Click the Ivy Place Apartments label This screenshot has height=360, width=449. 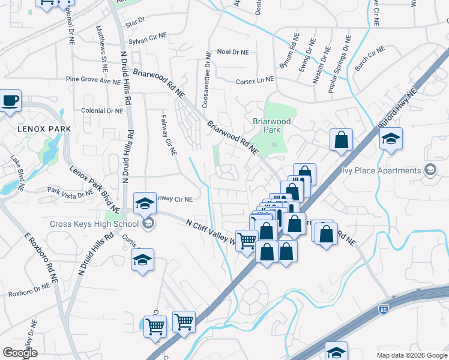[381, 170]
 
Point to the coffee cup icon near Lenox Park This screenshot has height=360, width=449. [10, 100]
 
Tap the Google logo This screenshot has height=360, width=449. [20, 353]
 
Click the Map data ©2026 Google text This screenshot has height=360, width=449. [411, 355]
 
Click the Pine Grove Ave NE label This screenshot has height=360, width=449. [93, 79]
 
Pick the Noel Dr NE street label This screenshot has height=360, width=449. [232, 52]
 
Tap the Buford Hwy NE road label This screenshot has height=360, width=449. [397, 110]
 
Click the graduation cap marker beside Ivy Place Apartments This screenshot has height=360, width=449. [391, 140]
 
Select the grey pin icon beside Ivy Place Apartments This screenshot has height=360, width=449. [430, 170]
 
